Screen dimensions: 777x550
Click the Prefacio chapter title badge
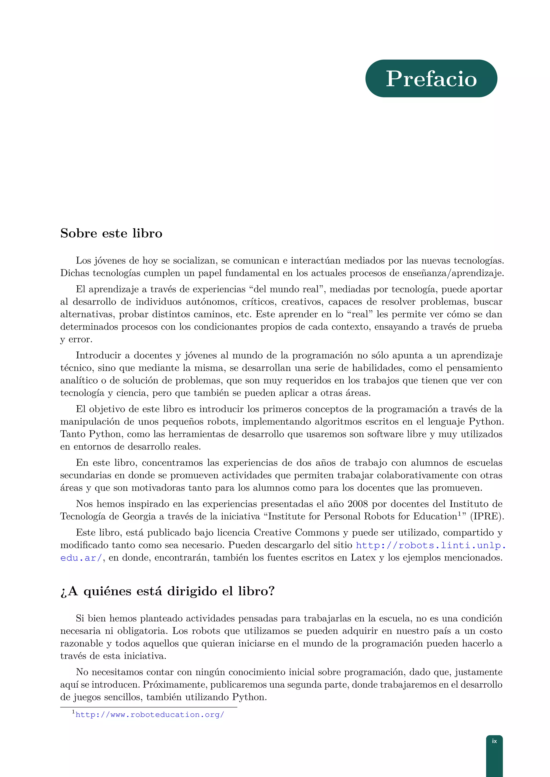pos(431,79)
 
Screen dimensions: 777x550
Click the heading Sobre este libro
pos(111,233)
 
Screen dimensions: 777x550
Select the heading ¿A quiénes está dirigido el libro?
pos(167,591)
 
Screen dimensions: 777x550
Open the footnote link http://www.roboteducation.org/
pos(150,714)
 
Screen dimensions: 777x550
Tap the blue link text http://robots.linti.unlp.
pos(430,545)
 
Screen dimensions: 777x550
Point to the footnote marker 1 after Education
pos(459,514)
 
